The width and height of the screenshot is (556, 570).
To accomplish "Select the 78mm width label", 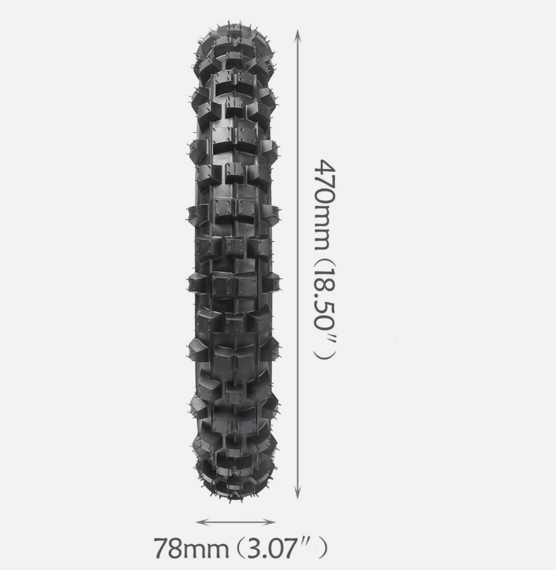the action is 192,548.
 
